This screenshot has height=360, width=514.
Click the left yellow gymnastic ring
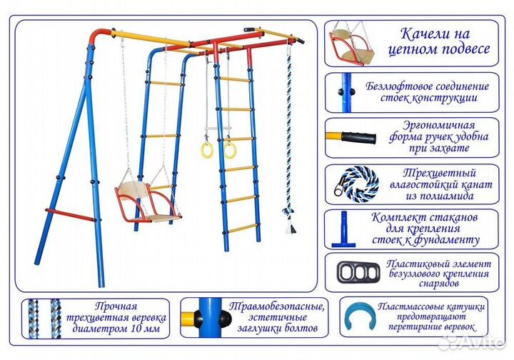tap(207, 149)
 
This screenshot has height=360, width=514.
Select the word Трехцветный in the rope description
tap(428, 171)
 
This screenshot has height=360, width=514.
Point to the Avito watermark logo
tap(471, 342)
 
